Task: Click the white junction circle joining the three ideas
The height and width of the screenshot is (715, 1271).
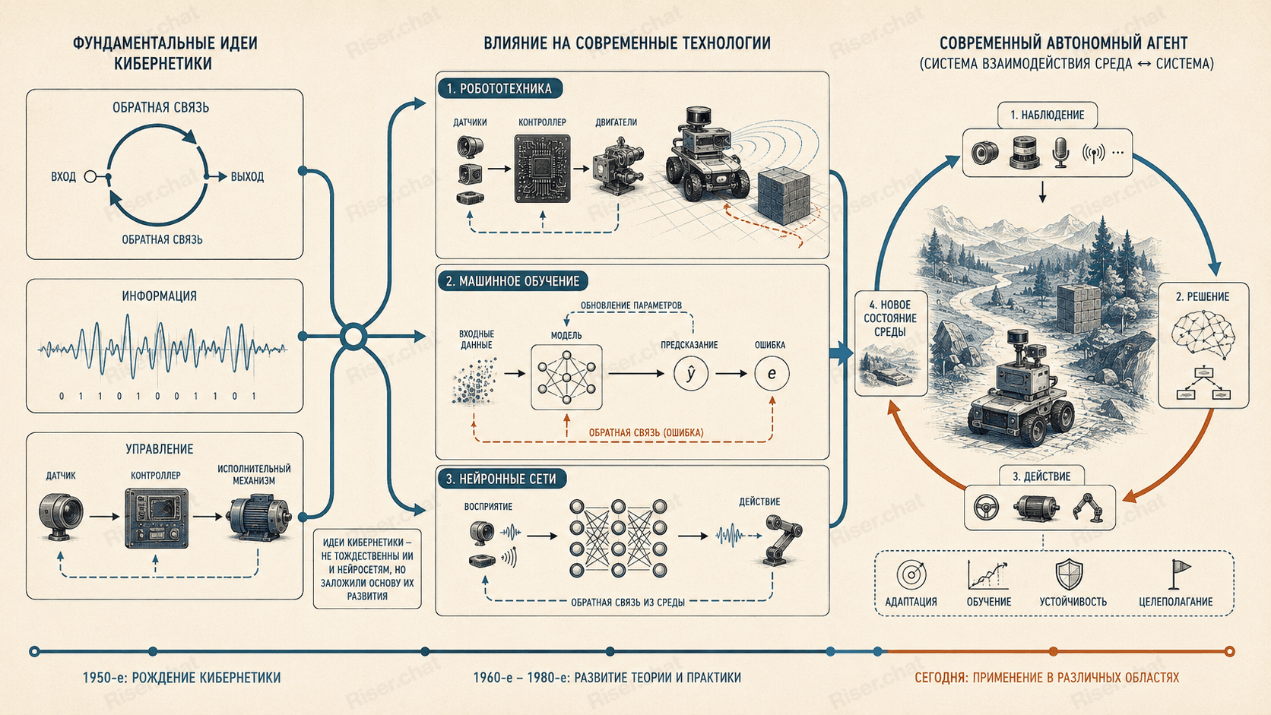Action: pyautogui.click(x=353, y=337)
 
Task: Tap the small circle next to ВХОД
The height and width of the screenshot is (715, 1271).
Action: pyautogui.click(x=90, y=177)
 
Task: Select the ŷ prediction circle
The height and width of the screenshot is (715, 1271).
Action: pyautogui.click(x=691, y=374)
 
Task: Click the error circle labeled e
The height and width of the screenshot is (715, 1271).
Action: pyautogui.click(x=772, y=374)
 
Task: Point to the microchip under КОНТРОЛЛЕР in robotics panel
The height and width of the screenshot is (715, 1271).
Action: pyautogui.click(x=542, y=169)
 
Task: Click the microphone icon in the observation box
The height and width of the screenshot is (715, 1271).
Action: pyautogui.click(x=1060, y=153)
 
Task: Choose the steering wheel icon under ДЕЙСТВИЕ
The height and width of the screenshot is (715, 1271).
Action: pyautogui.click(x=986, y=508)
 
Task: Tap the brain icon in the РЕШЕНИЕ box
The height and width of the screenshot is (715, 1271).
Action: pyautogui.click(x=1203, y=334)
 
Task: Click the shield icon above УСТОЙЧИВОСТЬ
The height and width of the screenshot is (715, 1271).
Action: pyautogui.click(x=1069, y=574)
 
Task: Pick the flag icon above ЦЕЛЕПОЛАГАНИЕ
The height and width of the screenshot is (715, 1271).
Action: pyautogui.click(x=1179, y=574)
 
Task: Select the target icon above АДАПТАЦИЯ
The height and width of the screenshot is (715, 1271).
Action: pyautogui.click(x=912, y=575)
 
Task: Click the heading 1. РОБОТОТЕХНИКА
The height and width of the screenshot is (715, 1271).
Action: pyautogui.click(x=499, y=88)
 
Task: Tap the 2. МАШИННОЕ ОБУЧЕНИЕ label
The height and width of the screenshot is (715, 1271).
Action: pyautogui.click(x=513, y=281)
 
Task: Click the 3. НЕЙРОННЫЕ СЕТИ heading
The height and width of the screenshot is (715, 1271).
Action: pyautogui.click(x=502, y=479)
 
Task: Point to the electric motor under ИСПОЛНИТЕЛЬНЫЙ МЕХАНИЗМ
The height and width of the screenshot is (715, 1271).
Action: pyautogui.click(x=260, y=517)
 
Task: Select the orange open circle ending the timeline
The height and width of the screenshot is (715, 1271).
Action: pyautogui.click(x=1230, y=651)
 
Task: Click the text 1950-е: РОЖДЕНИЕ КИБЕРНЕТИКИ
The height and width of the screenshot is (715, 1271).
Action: pyautogui.click(x=182, y=678)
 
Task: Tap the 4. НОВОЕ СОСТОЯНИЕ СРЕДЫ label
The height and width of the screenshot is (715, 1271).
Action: pyautogui.click(x=890, y=318)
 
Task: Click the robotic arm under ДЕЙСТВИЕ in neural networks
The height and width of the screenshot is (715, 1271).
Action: pyautogui.click(x=781, y=539)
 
